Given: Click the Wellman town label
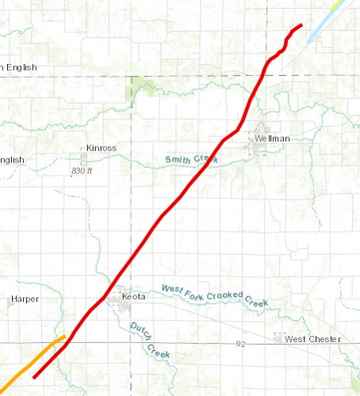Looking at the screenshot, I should [x=272, y=139].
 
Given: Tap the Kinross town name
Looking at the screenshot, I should [x=101, y=148].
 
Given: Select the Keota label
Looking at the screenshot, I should [x=134, y=297].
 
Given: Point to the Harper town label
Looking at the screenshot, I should [x=24, y=300].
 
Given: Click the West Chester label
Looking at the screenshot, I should [x=312, y=339].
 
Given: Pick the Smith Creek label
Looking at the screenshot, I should [x=191, y=160].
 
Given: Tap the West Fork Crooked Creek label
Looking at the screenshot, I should [x=214, y=296].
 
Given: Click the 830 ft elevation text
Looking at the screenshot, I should [x=82, y=171].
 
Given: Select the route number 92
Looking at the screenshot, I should [x=241, y=345].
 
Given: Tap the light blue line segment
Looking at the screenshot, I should [x=318, y=21].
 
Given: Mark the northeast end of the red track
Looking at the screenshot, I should [x=302, y=25].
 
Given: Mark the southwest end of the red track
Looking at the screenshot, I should [x=33, y=378].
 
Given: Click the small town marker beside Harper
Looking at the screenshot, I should [x=9, y=301].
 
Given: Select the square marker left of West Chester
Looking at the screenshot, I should [x=278, y=338].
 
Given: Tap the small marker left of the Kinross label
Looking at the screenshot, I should [x=84, y=148].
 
